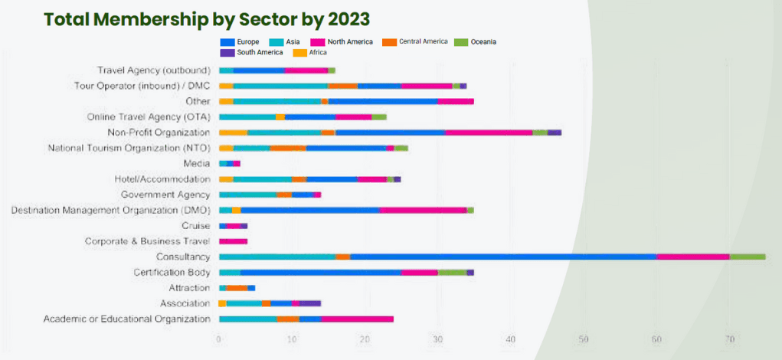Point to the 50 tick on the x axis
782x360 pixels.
pyautogui.click(x=584, y=339)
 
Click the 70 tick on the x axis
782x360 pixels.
pyautogui.click(x=730, y=339)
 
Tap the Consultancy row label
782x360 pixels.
pyautogui.click(x=183, y=257)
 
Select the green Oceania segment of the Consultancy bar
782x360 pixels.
pyautogui.click(x=747, y=257)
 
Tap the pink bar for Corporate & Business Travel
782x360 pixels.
pyautogui.click(x=233, y=241)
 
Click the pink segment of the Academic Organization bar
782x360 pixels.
pyautogui.click(x=357, y=319)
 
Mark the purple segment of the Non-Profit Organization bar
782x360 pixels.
pyautogui.click(x=555, y=133)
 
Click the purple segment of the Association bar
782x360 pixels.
pyautogui.click(x=311, y=303)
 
